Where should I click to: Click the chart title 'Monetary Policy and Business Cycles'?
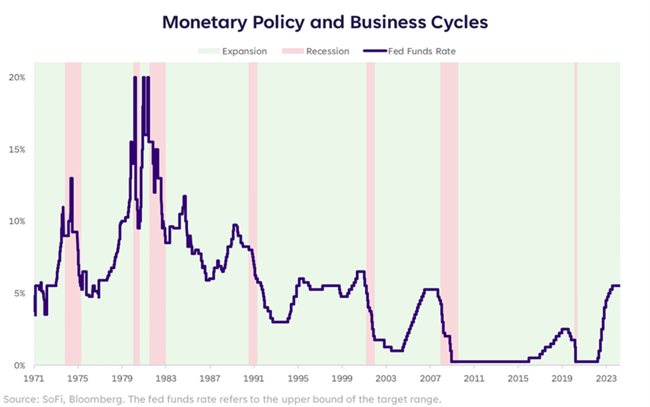pos(325,22)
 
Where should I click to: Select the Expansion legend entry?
pos(239,51)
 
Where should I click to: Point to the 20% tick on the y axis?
pos(17,77)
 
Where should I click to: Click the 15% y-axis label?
pos(17,149)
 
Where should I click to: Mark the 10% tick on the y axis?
pos(17,221)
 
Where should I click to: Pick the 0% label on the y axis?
pos(19,365)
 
